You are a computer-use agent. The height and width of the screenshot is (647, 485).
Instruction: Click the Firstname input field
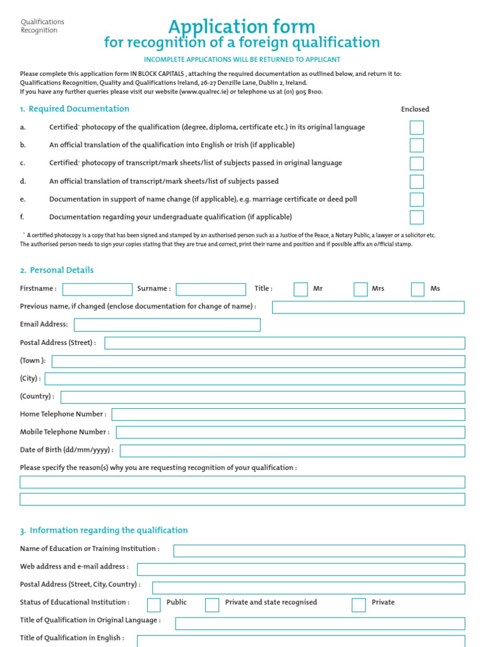97,289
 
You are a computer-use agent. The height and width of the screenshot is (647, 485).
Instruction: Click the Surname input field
211,289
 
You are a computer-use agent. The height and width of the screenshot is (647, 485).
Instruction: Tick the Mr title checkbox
301,289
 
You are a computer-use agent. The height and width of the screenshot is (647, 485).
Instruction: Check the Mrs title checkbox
361,289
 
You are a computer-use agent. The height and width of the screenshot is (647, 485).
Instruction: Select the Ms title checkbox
417,289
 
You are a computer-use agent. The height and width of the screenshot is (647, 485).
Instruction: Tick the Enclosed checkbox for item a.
416,128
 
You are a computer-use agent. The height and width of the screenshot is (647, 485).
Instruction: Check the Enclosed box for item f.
416,217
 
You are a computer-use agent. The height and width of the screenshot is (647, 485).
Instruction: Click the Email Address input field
167,325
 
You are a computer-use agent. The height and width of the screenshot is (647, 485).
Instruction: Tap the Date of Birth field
292,450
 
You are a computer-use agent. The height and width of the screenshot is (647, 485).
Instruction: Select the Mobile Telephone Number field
290,432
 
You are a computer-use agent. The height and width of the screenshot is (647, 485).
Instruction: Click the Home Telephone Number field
289,414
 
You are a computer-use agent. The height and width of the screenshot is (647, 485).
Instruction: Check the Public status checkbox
153,605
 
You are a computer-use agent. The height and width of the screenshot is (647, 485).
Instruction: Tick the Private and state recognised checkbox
212,605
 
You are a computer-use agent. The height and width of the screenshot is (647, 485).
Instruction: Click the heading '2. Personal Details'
57,270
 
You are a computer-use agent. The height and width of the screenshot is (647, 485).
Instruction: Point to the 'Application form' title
241,27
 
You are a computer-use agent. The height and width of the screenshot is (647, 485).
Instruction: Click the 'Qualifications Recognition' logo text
42,26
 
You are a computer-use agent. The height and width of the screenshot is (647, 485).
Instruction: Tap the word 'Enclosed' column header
415,109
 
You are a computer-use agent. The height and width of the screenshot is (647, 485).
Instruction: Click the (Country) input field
263,397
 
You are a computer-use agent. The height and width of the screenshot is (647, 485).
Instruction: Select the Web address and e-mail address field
301,569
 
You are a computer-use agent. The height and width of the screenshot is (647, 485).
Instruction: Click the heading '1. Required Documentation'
75,109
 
